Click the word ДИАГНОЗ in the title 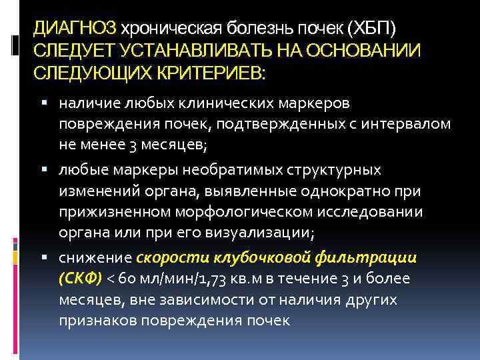click(x=75, y=29)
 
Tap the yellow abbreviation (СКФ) click(x=79, y=278)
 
